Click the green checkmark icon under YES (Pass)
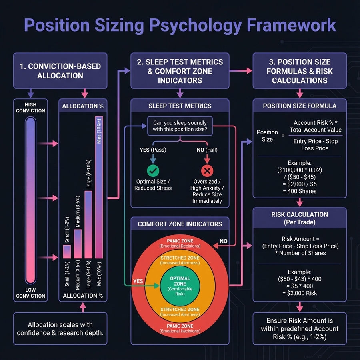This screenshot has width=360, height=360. point(152,171)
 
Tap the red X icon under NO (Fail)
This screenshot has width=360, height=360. point(207,171)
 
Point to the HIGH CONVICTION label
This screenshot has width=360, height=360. point(30,108)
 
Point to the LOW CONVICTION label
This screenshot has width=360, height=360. point(30,293)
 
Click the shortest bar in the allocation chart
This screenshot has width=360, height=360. point(67,252)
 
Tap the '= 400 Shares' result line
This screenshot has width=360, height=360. point(299,191)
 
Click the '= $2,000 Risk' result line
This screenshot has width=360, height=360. point(299,293)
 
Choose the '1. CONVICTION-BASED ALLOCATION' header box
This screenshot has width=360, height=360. point(60,70)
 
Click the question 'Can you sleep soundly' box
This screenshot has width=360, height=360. point(180,126)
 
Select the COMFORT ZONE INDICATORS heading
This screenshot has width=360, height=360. point(180,224)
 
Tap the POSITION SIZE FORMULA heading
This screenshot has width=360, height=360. point(299,106)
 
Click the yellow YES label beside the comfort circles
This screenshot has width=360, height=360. point(138,281)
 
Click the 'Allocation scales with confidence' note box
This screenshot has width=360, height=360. point(60,328)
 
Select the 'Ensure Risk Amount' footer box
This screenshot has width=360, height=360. point(299,328)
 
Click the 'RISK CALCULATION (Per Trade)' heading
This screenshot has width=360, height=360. point(299,218)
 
